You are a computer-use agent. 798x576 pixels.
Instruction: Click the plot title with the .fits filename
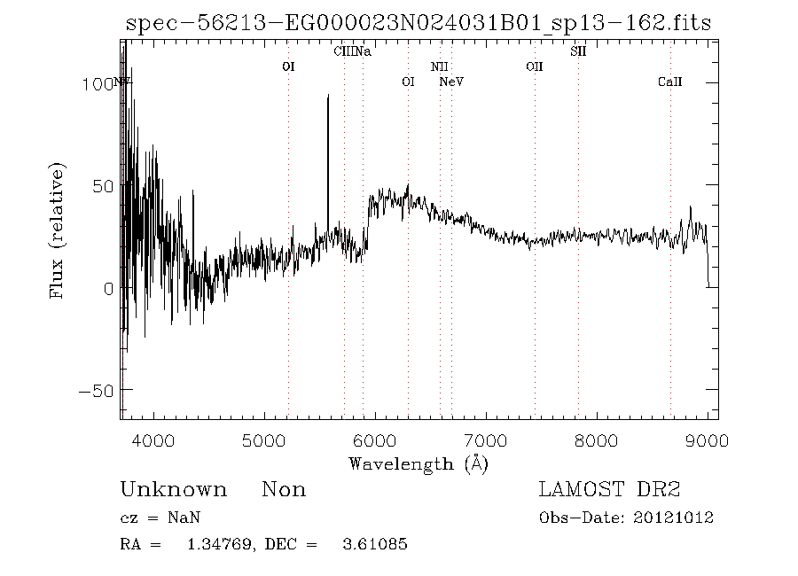coord(418,23)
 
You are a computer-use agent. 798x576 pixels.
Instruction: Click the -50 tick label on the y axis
coord(92,391)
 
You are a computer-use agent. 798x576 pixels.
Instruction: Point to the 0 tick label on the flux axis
coord(106,289)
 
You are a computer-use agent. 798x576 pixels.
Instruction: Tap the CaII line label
coord(669,82)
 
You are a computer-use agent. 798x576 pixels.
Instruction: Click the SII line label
coord(578,51)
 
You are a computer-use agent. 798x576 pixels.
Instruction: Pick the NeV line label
coord(452,82)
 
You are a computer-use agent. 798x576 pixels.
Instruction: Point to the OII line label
coord(534,66)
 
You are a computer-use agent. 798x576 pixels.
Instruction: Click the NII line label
coord(440,66)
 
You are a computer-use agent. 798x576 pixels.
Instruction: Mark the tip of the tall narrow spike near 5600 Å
coord(328,96)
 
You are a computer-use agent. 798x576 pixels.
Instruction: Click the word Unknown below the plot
coord(173,490)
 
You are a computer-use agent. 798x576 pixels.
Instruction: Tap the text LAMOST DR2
coord(609,490)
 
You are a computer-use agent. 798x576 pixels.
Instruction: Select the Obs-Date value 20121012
coord(676,518)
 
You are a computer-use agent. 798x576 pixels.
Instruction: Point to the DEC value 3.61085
coord(375,544)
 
